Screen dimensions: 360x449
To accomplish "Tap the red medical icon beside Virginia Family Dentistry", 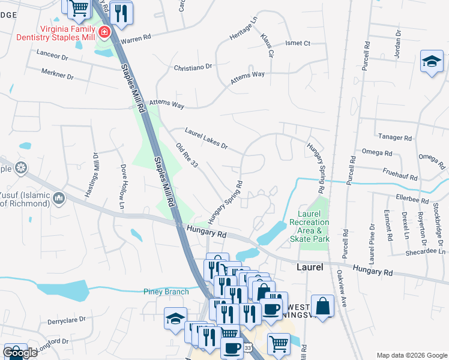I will click(x=104, y=32).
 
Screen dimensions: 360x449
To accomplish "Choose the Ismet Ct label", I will click(x=297, y=43).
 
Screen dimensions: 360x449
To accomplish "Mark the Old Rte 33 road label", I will click(x=187, y=155).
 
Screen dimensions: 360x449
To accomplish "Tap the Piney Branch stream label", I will click(x=166, y=292).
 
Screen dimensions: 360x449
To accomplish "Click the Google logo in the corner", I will click(x=20, y=353).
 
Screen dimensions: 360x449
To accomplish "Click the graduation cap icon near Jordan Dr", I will click(x=432, y=62).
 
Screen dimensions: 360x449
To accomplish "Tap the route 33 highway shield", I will click(x=249, y=347).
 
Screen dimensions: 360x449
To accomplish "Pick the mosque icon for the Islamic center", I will click(x=59, y=198).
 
